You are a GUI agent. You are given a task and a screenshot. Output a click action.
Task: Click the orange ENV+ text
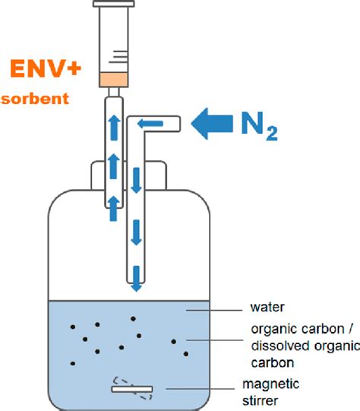tap(46, 68)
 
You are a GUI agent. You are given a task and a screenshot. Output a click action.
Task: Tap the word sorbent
tap(35, 99)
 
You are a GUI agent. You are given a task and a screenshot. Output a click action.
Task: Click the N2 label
tap(259, 126)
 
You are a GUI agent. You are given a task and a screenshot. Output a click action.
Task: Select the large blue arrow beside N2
tap(212, 124)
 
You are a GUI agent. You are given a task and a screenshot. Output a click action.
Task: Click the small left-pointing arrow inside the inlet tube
tap(150, 124)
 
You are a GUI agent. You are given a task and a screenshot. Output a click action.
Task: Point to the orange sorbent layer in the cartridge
tap(113, 80)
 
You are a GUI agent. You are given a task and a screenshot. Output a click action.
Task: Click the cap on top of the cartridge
tap(114, 4)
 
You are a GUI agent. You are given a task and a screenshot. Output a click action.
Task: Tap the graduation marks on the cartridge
tap(118, 56)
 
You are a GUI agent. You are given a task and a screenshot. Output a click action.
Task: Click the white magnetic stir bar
tap(132, 389)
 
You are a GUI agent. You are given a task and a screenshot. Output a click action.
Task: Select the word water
tap(267, 307)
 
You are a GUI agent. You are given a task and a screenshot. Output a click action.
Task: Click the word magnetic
tap(271, 384)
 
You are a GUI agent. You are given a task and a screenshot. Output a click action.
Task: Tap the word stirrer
tap(260, 401)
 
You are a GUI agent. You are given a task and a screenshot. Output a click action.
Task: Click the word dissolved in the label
tap(280, 346)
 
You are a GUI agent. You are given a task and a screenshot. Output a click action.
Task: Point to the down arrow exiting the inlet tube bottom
tap(136, 279)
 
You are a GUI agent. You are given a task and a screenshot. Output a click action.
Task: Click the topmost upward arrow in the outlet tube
tap(114, 128)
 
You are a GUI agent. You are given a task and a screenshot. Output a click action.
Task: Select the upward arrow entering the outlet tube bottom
tap(114, 208)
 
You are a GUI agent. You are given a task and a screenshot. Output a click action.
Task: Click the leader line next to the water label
tap(214, 311)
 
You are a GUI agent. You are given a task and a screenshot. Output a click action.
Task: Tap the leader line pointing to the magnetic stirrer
tap(201, 389)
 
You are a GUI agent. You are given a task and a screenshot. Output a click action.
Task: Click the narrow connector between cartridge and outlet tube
tap(114, 92)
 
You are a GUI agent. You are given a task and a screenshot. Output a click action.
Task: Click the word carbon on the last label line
tap(273, 363)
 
